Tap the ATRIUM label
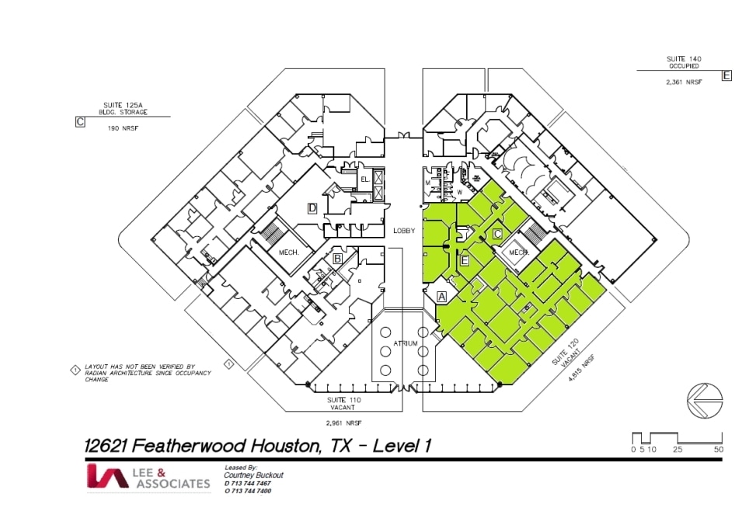[x=406, y=343]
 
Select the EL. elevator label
[x=364, y=179]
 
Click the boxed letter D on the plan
[x=312, y=207]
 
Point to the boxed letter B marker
[x=338, y=258]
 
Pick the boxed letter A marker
[x=442, y=296]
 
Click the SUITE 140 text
[x=684, y=59]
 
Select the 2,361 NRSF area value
[x=684, y=81]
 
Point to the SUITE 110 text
[x=343, y=399]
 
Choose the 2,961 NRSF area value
[x=343, y=423]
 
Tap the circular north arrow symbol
[x=705, y=399]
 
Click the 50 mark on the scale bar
[x=719, y=450]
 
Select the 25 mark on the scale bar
[x=678, y=450]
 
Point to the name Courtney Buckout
[x=254, y=475]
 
